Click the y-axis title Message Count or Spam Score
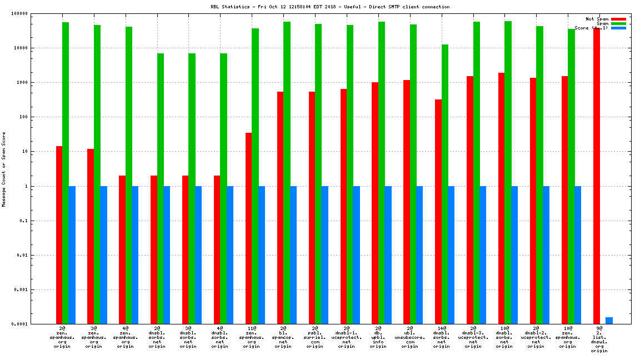point(3,169)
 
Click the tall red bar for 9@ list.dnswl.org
point(597,176)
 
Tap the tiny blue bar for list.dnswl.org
point(609,321)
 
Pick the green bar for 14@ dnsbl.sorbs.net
point(445,184)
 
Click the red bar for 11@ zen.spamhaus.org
point(249,228)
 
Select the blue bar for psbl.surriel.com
point(324,255)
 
